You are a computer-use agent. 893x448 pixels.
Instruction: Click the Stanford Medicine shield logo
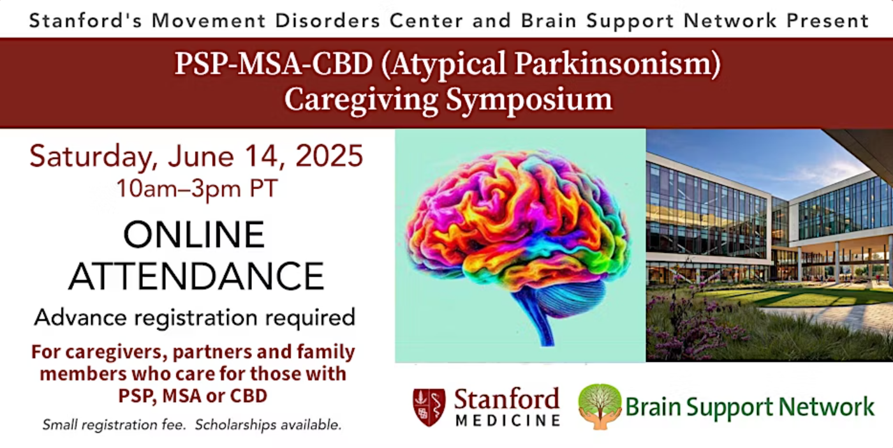coord(429,407)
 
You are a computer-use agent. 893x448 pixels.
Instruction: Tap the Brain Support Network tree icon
coord(600,406)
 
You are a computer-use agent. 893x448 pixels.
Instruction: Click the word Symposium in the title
coord(529,100)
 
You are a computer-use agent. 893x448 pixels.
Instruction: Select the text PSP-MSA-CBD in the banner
coord(274,63)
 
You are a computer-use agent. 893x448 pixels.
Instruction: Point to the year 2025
coord(329,156)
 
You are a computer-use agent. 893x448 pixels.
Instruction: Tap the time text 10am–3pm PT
coord(197,188)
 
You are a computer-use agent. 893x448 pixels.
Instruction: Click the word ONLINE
coord(194,234)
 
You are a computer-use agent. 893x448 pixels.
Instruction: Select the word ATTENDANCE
coord(196,276)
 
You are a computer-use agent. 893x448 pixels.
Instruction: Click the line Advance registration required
coord(195,318)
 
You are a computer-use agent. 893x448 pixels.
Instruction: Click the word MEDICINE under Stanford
coord(508,421)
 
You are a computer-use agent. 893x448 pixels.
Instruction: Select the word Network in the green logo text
coord(827,407)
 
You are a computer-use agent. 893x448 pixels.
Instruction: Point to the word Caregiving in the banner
coord(361,100)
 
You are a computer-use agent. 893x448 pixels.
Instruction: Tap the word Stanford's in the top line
coord(85,20)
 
